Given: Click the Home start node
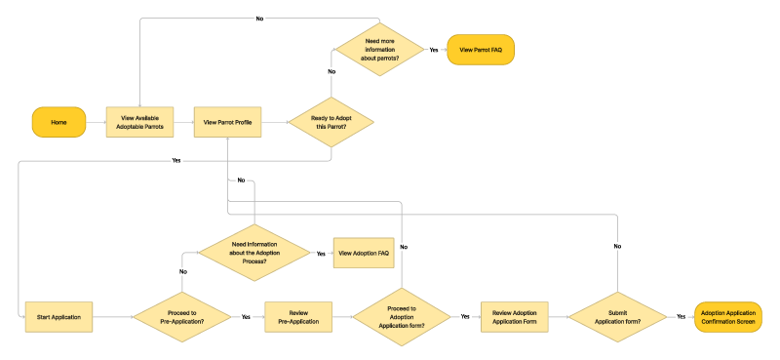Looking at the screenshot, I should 58,122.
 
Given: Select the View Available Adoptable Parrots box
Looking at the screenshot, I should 140,122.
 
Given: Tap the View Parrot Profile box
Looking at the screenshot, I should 227,122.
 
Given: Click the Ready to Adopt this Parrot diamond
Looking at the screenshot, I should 331,122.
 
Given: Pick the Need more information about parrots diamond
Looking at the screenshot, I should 379,48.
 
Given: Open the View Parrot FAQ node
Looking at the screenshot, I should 480,48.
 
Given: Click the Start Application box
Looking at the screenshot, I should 58,317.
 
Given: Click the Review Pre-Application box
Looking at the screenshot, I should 297,317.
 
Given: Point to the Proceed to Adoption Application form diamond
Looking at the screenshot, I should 402,317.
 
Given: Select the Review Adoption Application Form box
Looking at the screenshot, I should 514,317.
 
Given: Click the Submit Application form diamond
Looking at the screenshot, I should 617,317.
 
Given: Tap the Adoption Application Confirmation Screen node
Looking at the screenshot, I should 728,317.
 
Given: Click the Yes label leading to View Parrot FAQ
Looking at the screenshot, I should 433,48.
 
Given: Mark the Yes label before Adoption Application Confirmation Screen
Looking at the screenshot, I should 680,317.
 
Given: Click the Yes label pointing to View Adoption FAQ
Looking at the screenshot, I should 321,253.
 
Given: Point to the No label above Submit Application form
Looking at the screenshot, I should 617,247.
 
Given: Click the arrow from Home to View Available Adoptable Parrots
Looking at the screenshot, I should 96,122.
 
